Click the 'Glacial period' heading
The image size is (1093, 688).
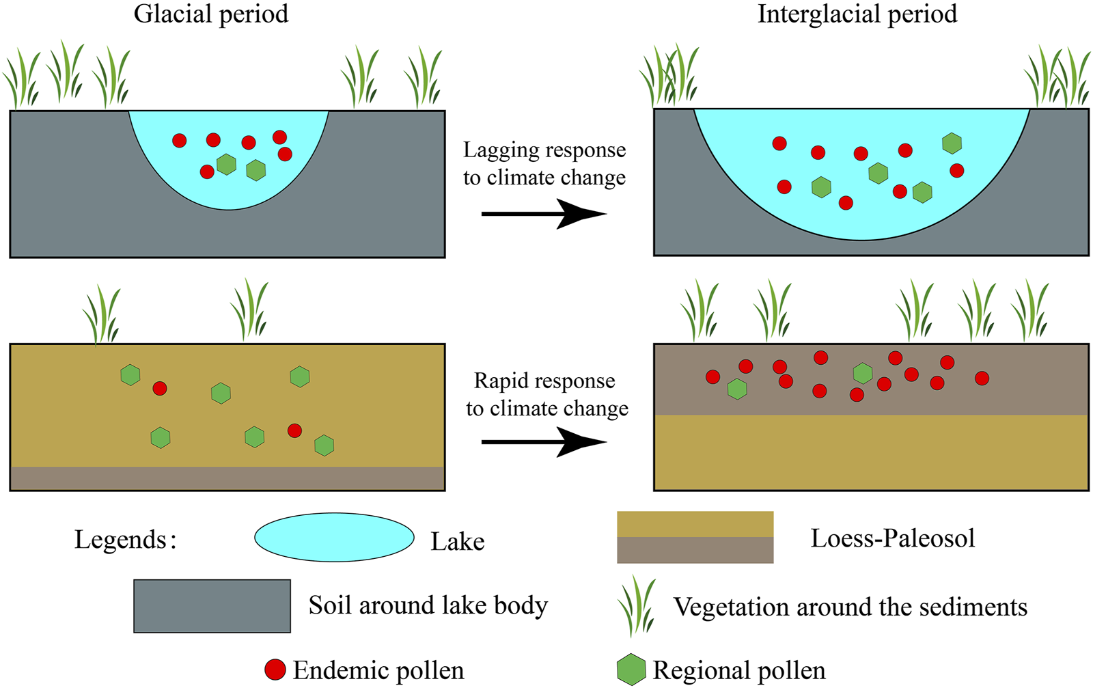pyautogui.click(x=211, y=14)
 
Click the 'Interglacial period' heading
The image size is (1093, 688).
pyautogui.click(x=857, y=14)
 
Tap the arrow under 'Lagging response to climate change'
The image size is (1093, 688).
pyautogui.click(x=544, y=214)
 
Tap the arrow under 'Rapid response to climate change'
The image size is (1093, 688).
pyautogui.click(x=544, y=442)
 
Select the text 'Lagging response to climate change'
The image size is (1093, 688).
pyautogui.click(x=544, y=164)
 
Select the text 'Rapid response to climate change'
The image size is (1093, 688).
pyautogui.click(x=546, y=395)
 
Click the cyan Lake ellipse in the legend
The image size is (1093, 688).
pyautogui.click(x=334, y=538)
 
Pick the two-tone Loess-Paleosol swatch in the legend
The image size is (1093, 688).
pyautogui.click(x=695, y=538)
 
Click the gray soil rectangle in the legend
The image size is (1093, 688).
pyautogui.click(x=212, y=606)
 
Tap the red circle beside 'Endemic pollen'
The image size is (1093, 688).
pyautogui.click(x=275, y=670)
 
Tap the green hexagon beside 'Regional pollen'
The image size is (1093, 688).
pyautogui.click(x=631, y=670)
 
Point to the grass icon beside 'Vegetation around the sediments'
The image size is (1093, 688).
pyautogui.click(x=637, y=606)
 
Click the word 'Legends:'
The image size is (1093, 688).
pyautogui.click(x=126, y=540)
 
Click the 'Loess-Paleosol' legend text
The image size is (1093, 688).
pyautogui.click(x=892, y=539)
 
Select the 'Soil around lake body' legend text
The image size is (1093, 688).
pyautogui.click(x=428, y=606)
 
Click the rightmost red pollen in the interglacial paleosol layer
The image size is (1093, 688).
pyautogui.click(x=982, y=378)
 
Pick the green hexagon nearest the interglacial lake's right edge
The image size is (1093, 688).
pyautogui.click(x=952, y=143)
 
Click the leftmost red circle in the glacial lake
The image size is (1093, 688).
pyautogui.click(x=180, y=141)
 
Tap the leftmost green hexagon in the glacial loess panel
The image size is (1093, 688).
pyautogui.click(x=130, y=374)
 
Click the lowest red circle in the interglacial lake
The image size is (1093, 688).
pyautogui.click(x=846, y=202)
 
